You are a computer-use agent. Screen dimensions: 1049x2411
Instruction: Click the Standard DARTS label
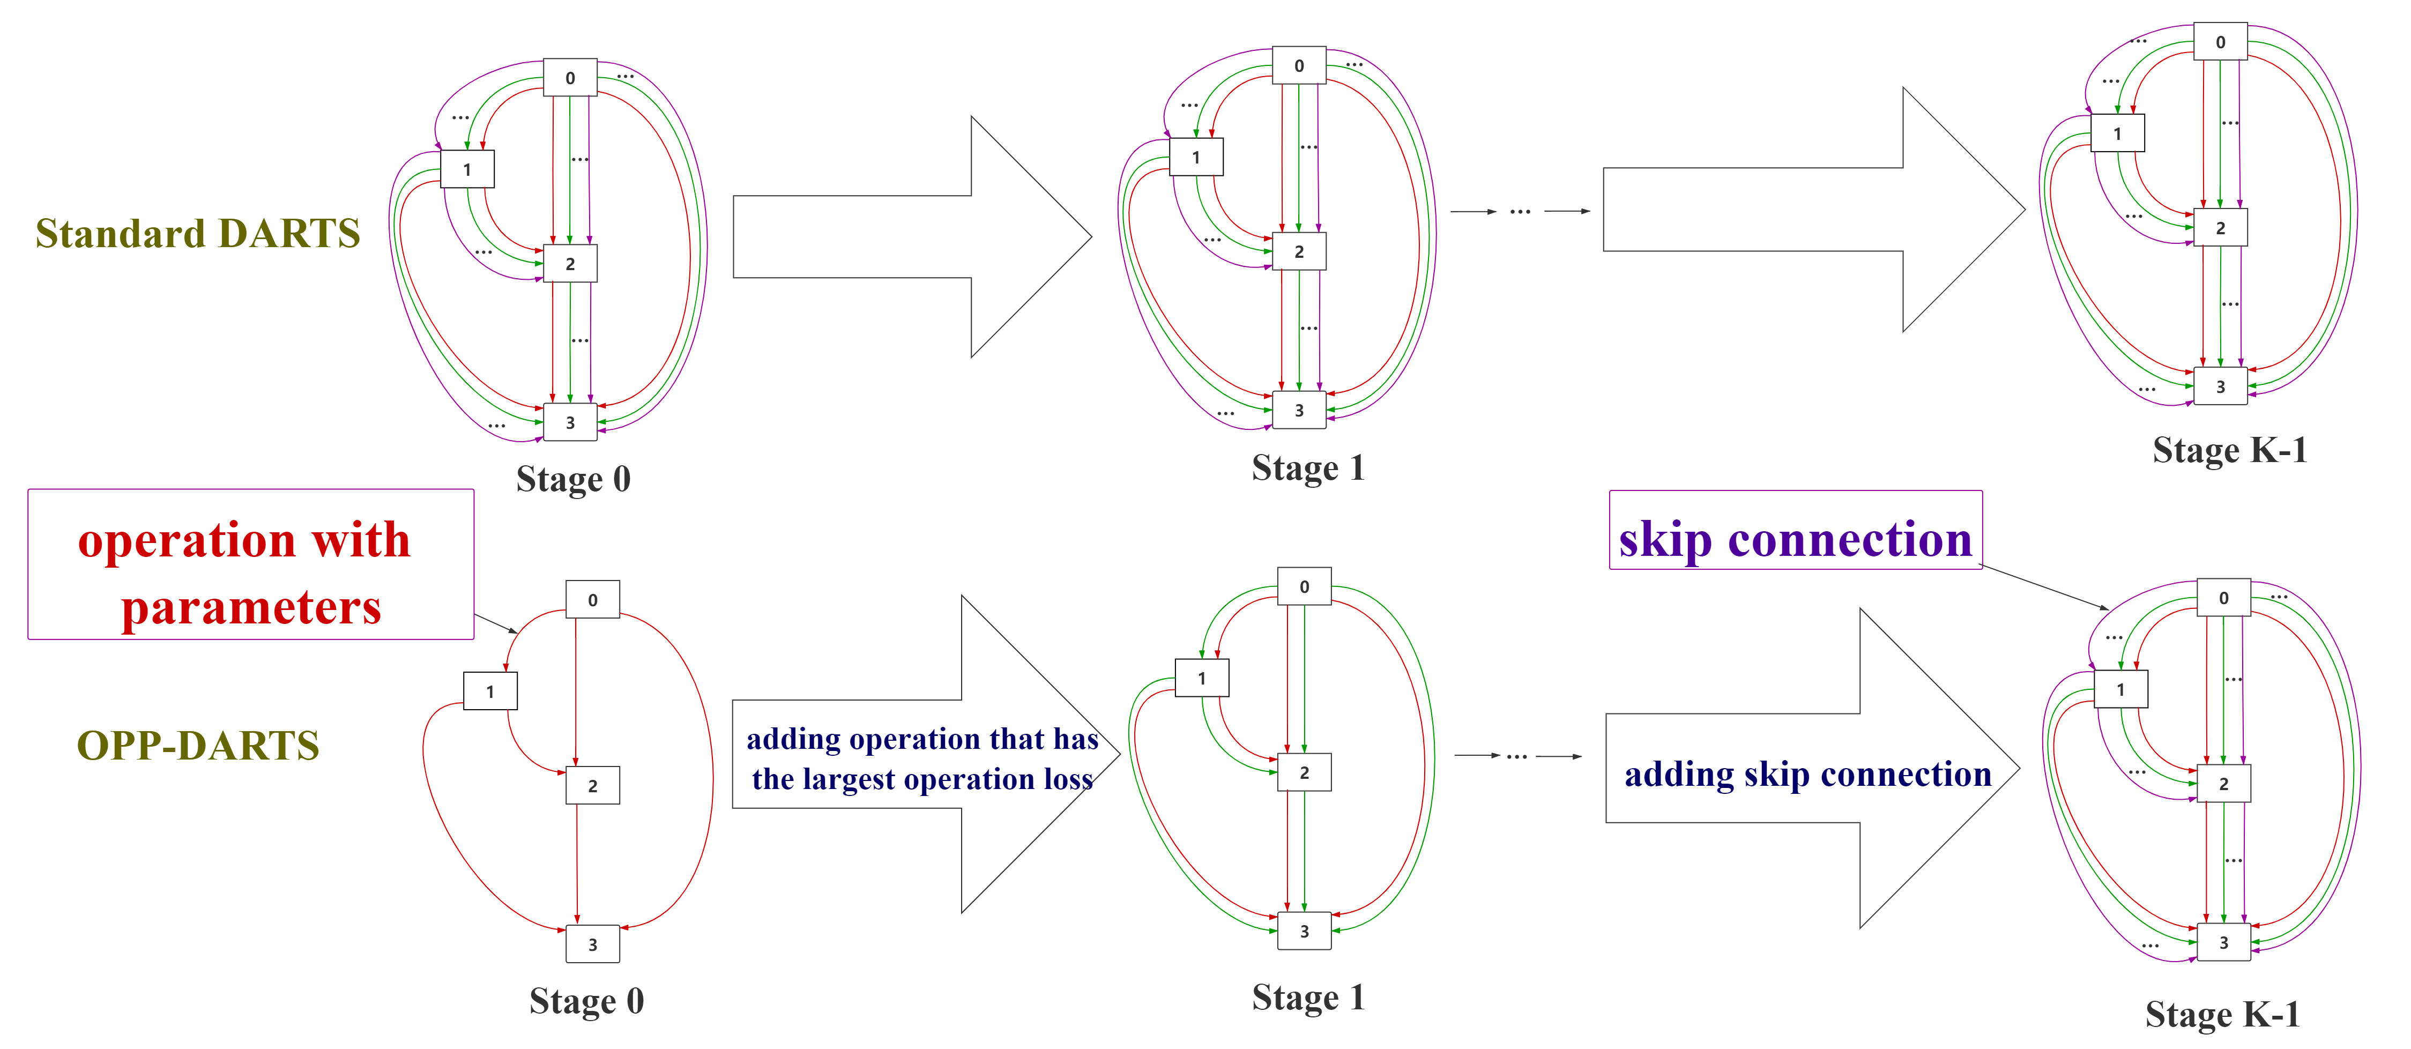coord(197,233)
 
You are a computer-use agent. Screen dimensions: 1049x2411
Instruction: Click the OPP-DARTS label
coord(197,746)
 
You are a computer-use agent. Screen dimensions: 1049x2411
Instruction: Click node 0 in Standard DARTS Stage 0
coord(570,78)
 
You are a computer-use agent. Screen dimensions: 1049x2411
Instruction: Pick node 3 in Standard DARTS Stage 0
coord(570,422)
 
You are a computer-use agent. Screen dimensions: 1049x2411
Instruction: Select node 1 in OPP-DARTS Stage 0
coord(489,691)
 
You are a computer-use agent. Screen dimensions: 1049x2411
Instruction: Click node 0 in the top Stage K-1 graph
coord(2220,42)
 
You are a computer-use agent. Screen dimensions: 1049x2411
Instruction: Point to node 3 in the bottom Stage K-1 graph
coord(2224,942)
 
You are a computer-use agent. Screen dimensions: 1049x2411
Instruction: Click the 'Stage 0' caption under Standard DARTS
coord(573,479)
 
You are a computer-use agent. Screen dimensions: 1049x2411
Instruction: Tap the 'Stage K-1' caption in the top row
coord(2229,450)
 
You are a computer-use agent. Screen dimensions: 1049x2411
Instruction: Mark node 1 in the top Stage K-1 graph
coord(2117,133)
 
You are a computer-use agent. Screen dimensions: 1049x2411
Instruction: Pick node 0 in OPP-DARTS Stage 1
coord(1304,587)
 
